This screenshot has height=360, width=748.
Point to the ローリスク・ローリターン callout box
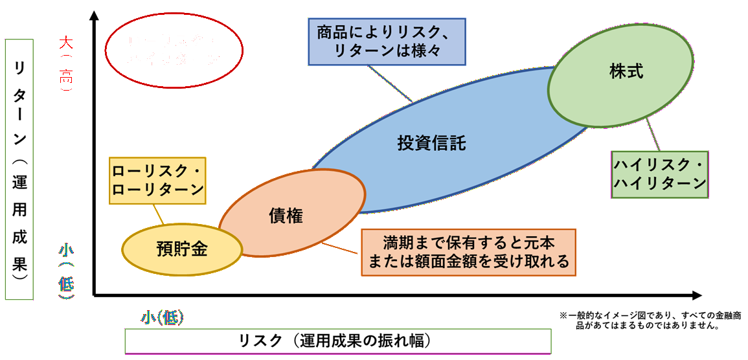click(157, 180)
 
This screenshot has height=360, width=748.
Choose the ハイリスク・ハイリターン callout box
click(659, 174)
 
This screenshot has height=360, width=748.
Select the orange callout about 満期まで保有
click(468, 253)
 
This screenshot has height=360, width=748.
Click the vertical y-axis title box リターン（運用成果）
click(19, 168)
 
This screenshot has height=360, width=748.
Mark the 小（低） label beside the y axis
click(66, 269)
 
